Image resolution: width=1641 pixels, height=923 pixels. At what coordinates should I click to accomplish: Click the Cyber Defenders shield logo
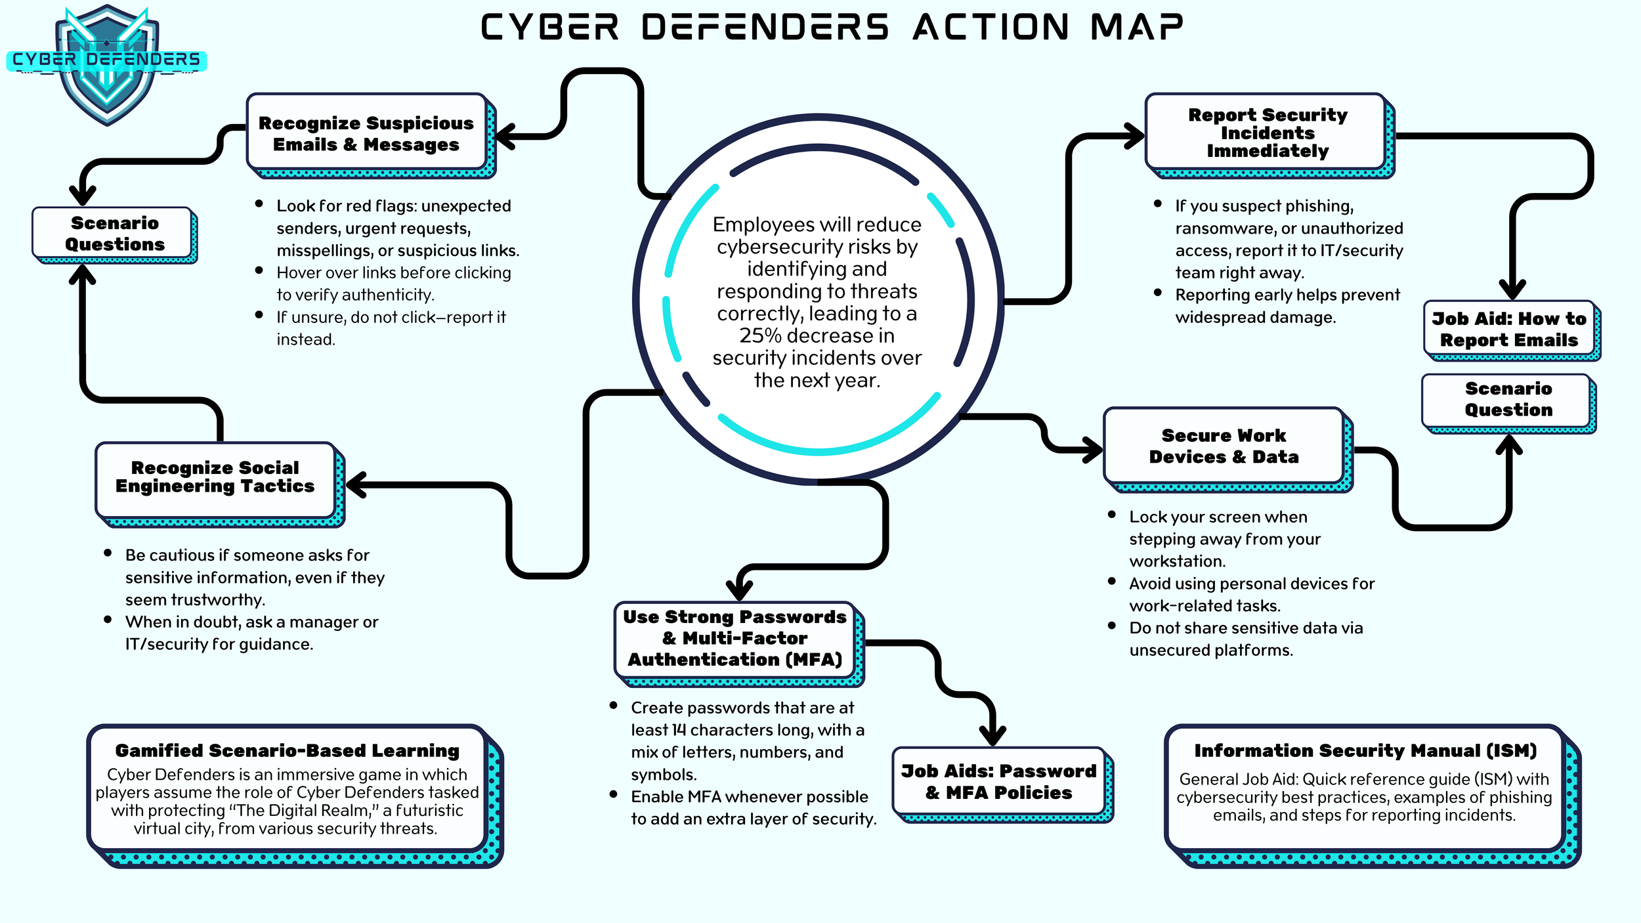pos(106,66)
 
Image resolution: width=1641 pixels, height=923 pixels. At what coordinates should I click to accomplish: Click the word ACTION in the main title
pos(991,28)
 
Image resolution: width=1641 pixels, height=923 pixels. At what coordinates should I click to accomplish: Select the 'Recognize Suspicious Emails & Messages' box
pos(366,133)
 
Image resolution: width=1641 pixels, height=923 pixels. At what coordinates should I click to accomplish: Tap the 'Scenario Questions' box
pos(114,234)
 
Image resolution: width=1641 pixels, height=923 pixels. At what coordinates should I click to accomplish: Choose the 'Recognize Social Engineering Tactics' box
pos(215,477)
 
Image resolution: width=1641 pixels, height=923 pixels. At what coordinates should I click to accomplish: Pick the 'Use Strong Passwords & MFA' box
pos(735,638)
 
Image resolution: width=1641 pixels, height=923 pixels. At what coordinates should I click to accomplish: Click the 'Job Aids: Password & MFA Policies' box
pos(998,781)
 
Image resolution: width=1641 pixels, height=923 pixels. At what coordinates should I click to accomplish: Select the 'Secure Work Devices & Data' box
pos(1224,446)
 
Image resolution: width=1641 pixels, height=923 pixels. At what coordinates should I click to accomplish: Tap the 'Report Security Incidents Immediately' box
pos(1267,133)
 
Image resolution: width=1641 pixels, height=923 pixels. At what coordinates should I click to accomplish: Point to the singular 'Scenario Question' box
pos(1508,399)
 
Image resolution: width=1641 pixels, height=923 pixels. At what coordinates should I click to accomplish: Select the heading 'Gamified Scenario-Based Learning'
pos(287,750)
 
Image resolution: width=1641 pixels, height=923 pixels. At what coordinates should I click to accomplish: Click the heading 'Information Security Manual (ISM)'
pos(1365,750)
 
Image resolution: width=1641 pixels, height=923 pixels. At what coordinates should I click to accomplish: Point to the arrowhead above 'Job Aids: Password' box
pos(992,734)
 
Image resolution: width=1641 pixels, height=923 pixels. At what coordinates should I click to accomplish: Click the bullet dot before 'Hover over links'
pos(259,270)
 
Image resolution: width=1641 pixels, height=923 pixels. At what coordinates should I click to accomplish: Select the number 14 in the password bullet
pos(679,730)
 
